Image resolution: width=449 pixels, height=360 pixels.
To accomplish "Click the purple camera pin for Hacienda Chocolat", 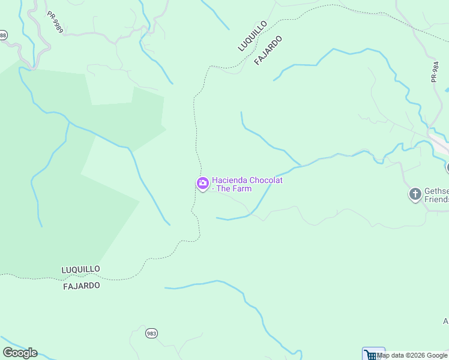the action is pos(203,183).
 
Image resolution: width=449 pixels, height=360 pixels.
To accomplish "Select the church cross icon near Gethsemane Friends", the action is pos(415,194).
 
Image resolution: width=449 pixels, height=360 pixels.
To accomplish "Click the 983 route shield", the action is pos(151,333).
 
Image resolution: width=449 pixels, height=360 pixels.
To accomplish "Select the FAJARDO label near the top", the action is pos(268,50).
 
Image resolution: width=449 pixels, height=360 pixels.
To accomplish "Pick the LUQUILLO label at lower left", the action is pos(81,269).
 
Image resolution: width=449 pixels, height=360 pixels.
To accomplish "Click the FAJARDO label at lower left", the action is pos(82,286).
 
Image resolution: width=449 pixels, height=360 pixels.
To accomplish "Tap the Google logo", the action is pos(20,353).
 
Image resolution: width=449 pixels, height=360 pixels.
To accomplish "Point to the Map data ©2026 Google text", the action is pos(412,355).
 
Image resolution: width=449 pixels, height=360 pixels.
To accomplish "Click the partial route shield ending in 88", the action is pos(3,35).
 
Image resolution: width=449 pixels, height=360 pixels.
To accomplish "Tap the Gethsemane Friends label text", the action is pos(436,195).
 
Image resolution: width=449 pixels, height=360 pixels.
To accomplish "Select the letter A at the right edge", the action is pos(446,322).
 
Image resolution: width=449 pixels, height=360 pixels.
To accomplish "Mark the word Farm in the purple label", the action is pos(243,188).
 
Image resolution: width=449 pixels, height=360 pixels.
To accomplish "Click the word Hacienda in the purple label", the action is pos(230,180).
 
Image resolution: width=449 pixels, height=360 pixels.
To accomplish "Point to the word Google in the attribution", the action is pos(437,355).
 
